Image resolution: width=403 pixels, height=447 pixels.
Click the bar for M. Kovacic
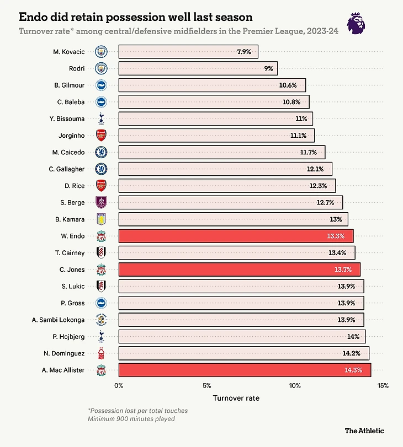(x=188, y=52)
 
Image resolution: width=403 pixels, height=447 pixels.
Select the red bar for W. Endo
(x=236, y=236)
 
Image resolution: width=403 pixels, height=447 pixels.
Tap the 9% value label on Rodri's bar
(x=268, y=68)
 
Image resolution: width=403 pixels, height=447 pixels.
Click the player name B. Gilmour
(x=70, y=85)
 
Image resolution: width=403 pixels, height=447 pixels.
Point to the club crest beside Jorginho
(x=101, y=136)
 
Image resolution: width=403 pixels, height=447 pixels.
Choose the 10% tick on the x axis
(x=295, y=385)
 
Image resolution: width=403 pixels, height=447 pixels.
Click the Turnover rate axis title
(x=236, y=397)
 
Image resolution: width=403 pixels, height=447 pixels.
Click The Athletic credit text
(x=364, y=430)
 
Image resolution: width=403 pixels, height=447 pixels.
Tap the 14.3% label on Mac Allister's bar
(x=353, y=370)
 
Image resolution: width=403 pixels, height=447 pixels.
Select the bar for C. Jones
(x=239, y=270)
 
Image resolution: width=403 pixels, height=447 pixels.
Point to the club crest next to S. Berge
(x=101, y=202)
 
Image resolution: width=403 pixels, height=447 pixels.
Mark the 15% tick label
(x=383, y=385)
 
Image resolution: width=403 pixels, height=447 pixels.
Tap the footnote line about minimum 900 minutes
(x=131, y=419)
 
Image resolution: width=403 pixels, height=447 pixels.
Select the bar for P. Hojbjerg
(x=242, y=336)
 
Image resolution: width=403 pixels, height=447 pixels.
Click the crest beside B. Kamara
(x=101, y=219)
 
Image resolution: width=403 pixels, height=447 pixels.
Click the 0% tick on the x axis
(x=119, y=385)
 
